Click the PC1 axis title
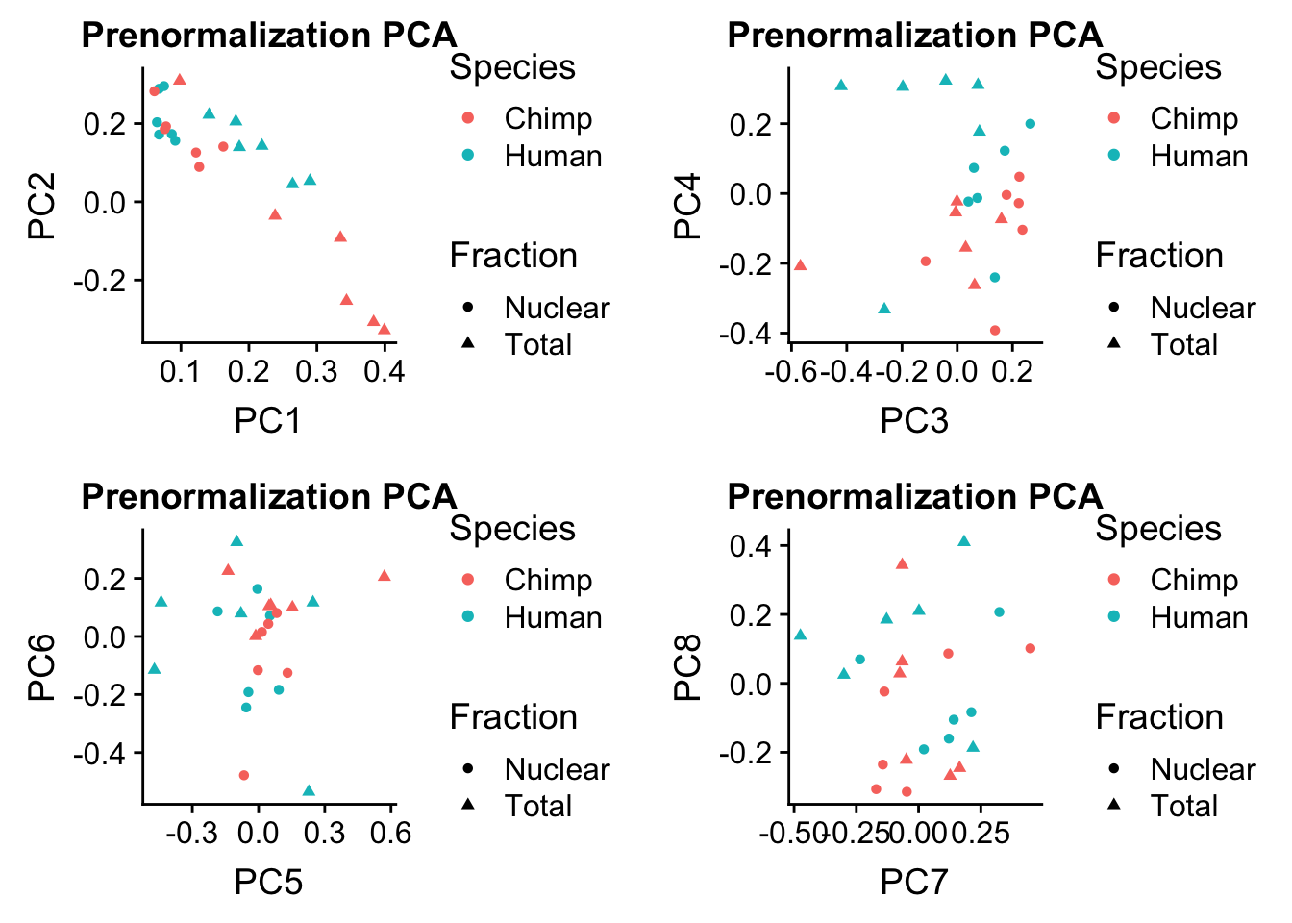267,420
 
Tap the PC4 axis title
687,206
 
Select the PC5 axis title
267,882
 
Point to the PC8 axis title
687,667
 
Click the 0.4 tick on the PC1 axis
385,371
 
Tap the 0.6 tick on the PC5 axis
390,833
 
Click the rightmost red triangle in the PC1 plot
385,329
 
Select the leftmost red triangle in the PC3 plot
800,264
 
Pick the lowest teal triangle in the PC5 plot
309,790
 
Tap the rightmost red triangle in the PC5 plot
385,575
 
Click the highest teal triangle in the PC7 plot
964,541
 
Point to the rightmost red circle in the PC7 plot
1031,648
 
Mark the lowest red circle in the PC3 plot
995,331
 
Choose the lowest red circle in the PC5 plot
244,775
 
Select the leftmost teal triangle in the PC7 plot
800,635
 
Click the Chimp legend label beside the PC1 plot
548,118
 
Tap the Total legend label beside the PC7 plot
1184,806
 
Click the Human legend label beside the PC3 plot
1199,156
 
